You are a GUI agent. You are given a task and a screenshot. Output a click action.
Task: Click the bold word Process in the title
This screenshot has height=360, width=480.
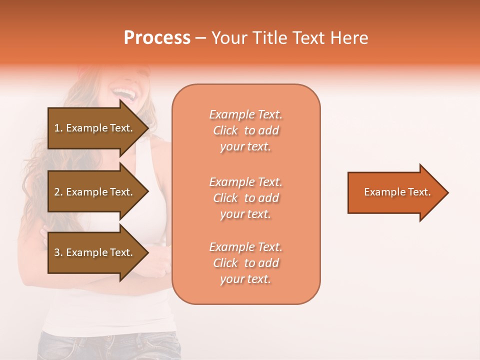(157, 38)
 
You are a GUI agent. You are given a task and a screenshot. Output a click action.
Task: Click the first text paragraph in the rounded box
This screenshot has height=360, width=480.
(245, 130)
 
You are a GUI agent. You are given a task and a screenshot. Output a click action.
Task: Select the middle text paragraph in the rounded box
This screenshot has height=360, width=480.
(245, 198)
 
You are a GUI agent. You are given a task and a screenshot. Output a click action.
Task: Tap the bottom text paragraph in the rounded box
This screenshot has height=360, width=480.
(245, 263)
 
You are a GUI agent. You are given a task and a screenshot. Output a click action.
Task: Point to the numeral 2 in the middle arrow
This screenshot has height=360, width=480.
(57, 192)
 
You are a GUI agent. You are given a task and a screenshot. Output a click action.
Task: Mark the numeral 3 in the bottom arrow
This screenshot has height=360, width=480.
(57, 252)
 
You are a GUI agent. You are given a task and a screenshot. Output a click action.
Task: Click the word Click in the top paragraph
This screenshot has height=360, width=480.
(225, 130)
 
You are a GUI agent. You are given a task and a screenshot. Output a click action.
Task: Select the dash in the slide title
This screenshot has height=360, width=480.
(201, 38)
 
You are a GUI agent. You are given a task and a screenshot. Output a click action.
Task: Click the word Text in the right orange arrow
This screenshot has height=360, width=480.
(419, 192)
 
